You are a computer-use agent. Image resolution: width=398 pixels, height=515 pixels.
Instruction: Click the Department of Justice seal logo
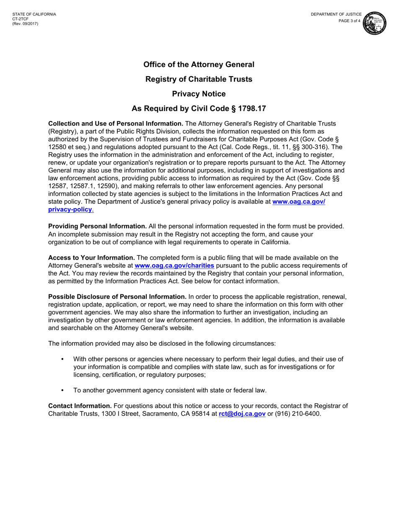coord(375,23)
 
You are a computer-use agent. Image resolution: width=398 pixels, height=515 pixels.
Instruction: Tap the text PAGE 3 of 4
coord(349,21)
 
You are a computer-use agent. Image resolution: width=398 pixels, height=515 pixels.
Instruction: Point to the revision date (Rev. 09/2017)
coord(25,23)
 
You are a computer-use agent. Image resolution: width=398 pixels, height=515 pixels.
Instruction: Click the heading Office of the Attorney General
coord(199,64)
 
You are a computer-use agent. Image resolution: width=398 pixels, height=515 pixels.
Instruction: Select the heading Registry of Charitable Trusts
coord(199,79)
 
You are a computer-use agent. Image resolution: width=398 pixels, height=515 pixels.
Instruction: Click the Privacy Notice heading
coord(199,94)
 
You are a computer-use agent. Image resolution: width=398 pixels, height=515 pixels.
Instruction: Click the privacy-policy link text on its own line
coord(70,209)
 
